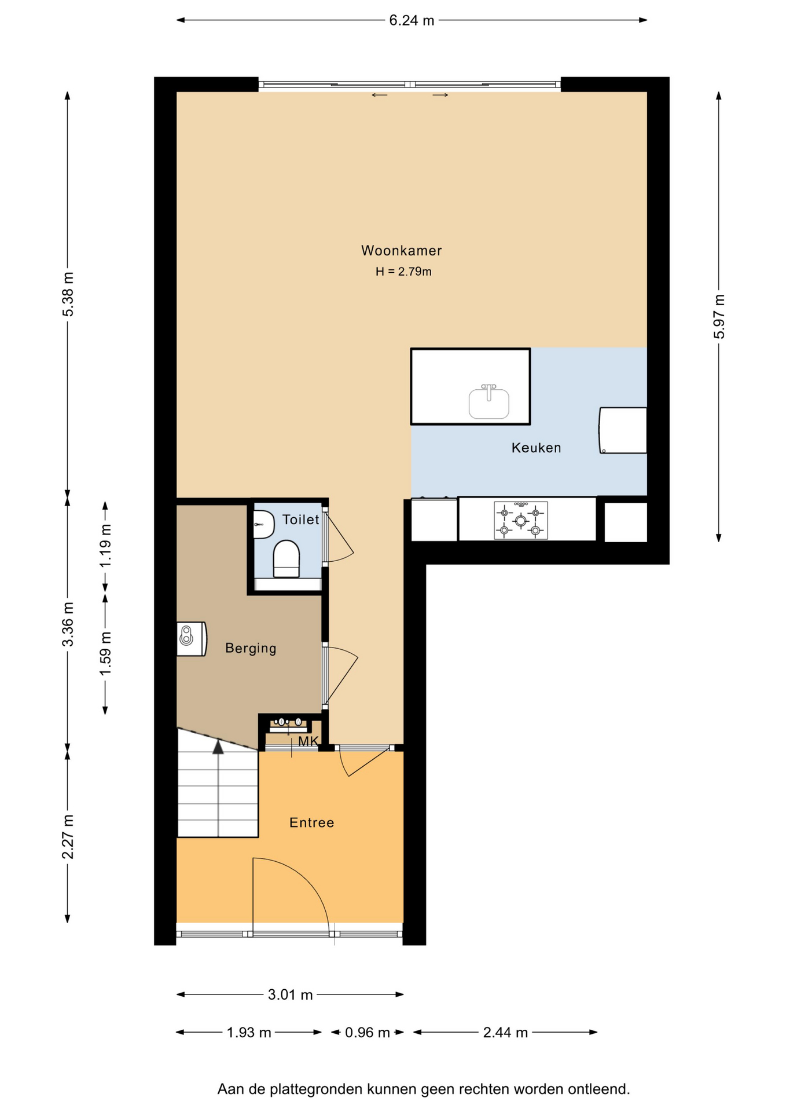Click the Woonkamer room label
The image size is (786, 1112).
(x=401, y=251)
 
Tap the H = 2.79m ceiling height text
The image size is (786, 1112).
(x=403, y=272)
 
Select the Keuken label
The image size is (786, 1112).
(x=536, y=448)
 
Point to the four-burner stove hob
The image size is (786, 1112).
(x=520, y=521)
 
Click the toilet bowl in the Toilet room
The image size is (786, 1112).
(x=287, y=559)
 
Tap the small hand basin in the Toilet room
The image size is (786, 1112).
(x=264, y=524)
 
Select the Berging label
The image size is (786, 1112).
(x=251, y=648)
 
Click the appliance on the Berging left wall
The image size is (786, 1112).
(x=192, y=639)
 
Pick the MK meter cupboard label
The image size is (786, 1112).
(x=308, y=741)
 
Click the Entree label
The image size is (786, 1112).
(x=311, y=822)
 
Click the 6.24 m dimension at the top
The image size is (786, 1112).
(x=412, y=20)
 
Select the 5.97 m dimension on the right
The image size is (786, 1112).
(x=719, y=316)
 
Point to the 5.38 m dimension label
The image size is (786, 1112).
(x=68, y=294)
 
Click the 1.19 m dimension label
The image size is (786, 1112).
(x=105, y=546)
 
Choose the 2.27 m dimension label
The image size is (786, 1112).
(x=68, y=836)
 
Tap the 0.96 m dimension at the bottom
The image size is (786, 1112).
(x=368, y=1032)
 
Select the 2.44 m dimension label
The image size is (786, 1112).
(x=505, y=1032)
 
